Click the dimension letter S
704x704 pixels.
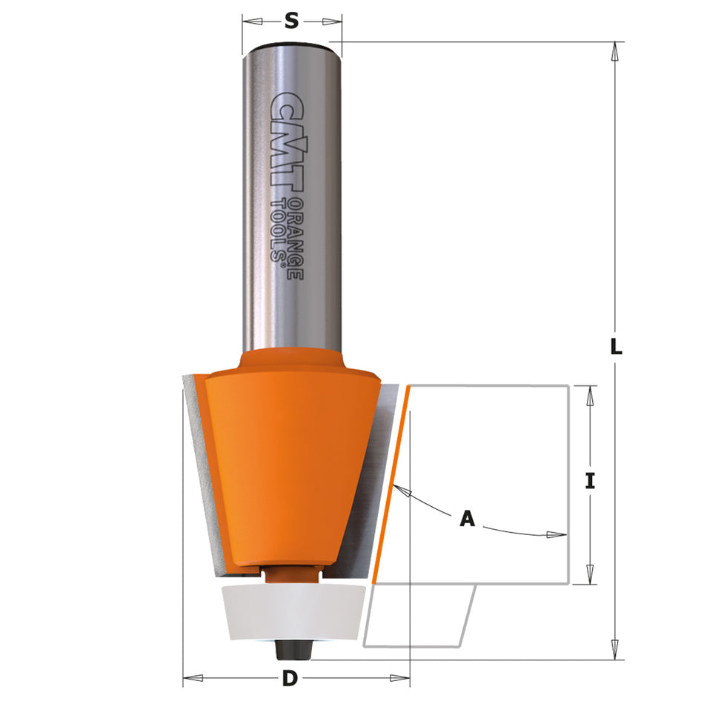point(292,22)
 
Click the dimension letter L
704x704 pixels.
point(615,346)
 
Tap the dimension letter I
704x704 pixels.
point(590,481)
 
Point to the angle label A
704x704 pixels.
point(467,519)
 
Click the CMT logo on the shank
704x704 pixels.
point(285,141)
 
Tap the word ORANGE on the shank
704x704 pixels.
point(293,237)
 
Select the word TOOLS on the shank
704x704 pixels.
point(279,226)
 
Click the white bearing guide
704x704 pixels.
point(292,612)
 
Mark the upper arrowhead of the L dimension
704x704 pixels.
point(614,50)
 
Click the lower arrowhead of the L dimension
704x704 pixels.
point(614,651)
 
